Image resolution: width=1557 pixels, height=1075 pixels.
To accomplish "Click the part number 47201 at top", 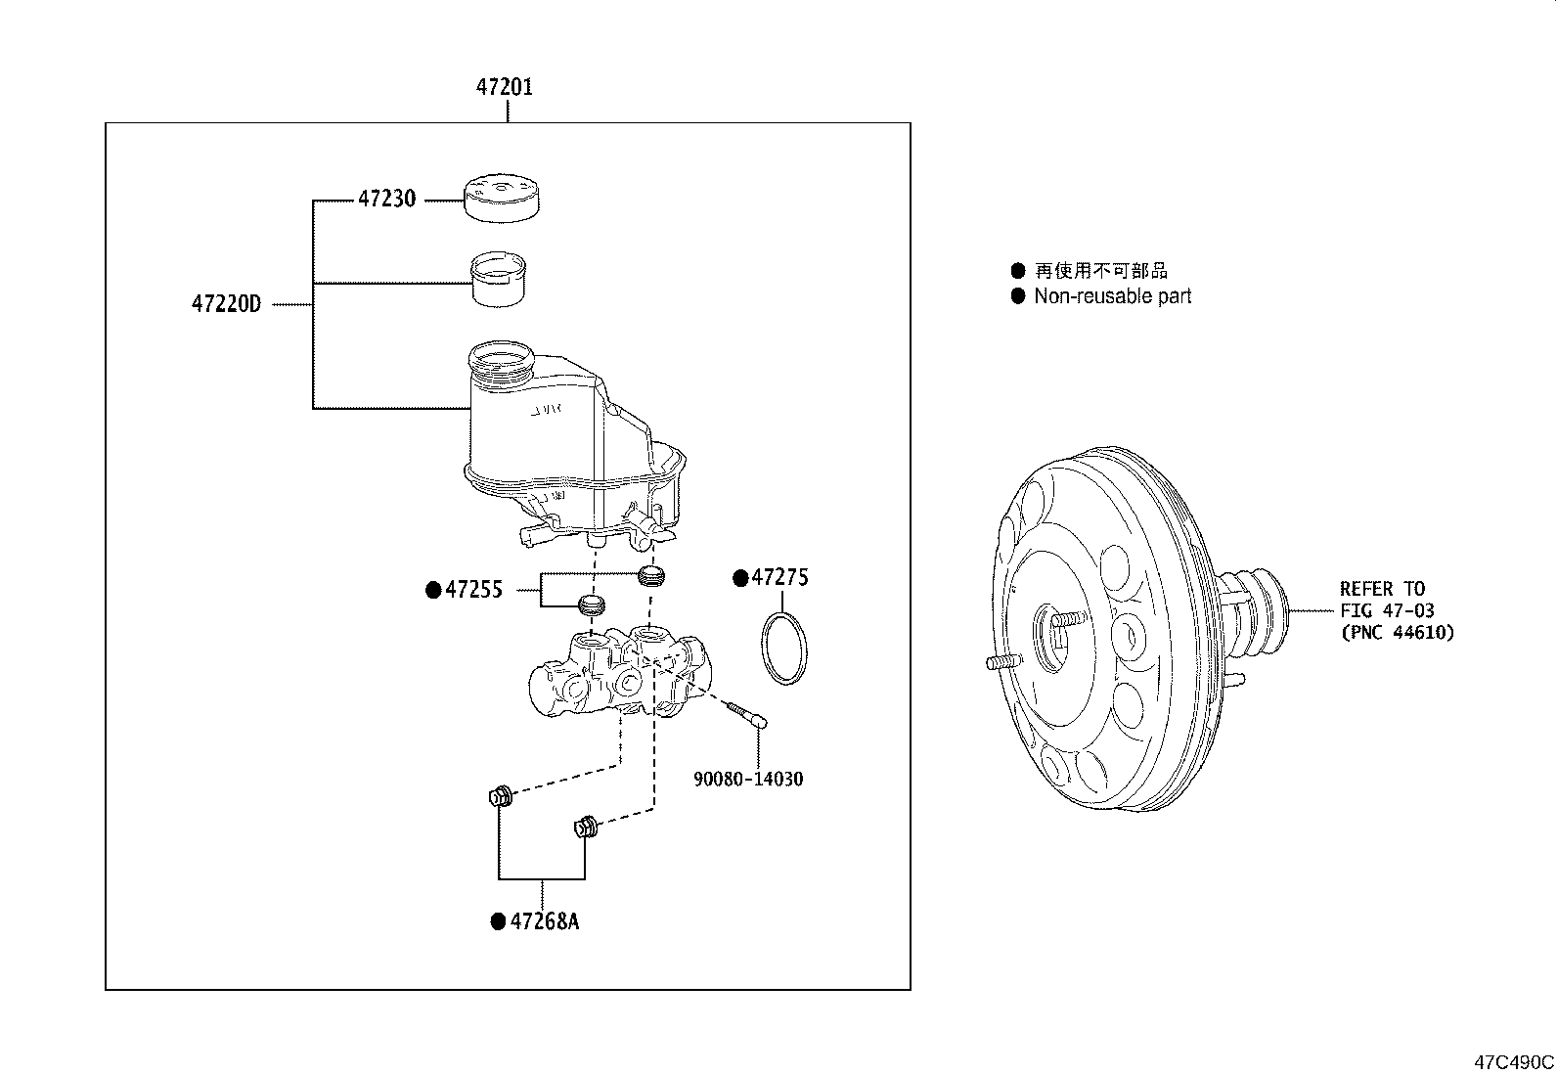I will tap(505, 87).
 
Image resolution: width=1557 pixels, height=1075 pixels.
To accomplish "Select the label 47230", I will tap(386, 200).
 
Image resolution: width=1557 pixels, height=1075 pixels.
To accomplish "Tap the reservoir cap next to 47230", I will tap(503, 199).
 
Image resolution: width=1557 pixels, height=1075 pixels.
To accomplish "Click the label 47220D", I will tap(226, 304).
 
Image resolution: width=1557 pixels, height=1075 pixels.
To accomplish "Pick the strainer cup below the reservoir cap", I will tap(500, 279).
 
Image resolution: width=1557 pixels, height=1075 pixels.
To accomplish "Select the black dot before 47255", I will tap(433, 590).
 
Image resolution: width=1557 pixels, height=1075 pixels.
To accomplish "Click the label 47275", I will tap(779, 578).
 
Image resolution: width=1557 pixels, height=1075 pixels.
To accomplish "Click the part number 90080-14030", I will tap(748, 780).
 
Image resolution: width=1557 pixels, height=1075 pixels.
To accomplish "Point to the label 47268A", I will tap(543, 921).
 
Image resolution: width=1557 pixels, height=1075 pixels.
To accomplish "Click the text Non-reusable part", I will tap(1112, 296).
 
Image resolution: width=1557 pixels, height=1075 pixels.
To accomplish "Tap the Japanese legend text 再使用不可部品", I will tap(1100, 271).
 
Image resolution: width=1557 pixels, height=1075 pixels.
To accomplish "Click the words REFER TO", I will tap(1382, 589).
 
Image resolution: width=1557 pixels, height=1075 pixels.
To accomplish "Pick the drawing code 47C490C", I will tap(1514, 1061).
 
